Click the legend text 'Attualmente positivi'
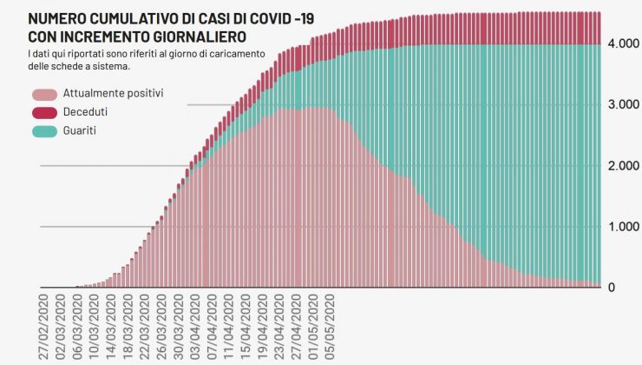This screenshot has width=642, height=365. (x=113, y=93)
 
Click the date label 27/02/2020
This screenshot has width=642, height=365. (x=43, y=327)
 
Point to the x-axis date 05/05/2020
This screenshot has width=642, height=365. (x=328, y=327)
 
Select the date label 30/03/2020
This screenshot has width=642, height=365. (x=177, y=327)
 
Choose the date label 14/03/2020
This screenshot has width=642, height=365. (x=109, y=327)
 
